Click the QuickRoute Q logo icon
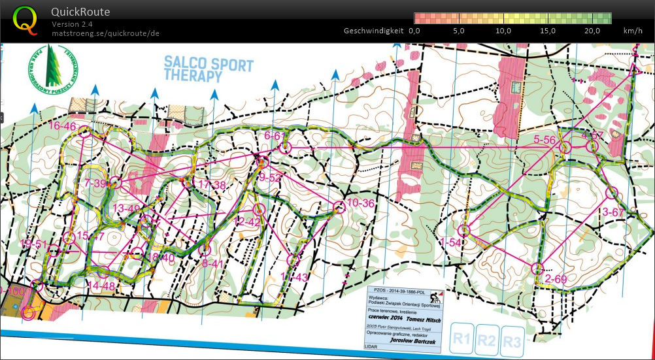pos(25,20)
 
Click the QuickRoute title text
pos(81,12)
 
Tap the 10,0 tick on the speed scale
pos(503,31)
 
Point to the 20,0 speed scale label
pos(592,31)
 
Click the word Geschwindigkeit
pos(373,31)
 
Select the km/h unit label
pos(633,31)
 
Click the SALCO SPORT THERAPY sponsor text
pos(209,69)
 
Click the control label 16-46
pos(62,126)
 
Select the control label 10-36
pos(360,203)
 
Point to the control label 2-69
pos(556,280)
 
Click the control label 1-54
pos(450,242)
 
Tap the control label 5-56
pos(545,140)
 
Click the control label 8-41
pos(214,264)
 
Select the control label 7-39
pos(95,184)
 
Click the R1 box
pos(462,340)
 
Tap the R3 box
pos(512,340)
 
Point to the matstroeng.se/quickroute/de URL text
pos(105,33)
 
